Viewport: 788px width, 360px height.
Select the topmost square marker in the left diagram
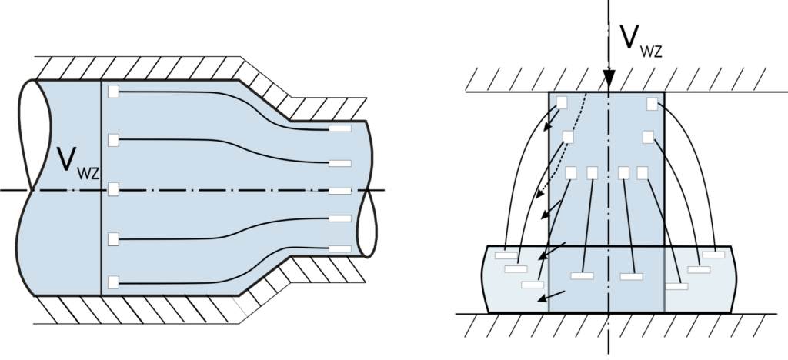click(x=113, y=92)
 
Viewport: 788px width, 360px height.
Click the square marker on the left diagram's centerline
click(x=113, y=189)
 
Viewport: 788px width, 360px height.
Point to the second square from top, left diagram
click(x=113, y=140)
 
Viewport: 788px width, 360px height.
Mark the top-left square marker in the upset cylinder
click(x=562, y=102)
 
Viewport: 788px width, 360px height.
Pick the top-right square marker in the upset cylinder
click(x=653, y=103)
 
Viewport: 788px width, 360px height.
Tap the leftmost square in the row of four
click(x=571, y=172)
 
